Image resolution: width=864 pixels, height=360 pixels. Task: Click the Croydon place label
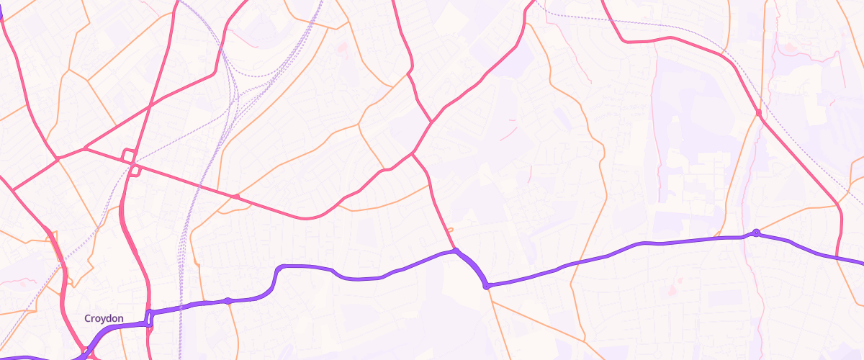[x=104, y=318]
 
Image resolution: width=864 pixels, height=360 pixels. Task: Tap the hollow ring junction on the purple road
[x=756, y=232]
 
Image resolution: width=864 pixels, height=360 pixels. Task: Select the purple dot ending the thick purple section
[x=487, y=287]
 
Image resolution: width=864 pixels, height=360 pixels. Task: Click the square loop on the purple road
[x=150, y=318]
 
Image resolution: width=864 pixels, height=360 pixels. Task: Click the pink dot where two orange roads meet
[x=758, y=113]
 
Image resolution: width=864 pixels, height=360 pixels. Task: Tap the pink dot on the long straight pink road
[x=235, y=196]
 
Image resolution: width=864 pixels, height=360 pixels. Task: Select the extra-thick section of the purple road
[x=472, y=267]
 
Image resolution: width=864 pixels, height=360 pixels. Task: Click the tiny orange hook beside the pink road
[x=449, y=230]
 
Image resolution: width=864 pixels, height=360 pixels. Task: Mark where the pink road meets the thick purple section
[x=456, y=251]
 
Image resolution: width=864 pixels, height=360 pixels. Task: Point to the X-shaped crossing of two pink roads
[x=413, y=153]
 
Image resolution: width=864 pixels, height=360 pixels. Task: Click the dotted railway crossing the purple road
[x=181, y=307]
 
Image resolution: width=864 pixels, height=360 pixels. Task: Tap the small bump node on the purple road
[x=228, y=300]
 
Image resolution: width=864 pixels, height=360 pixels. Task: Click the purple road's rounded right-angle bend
[x=279, y=269]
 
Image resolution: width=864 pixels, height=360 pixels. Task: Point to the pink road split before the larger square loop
[x=85, y=149]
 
